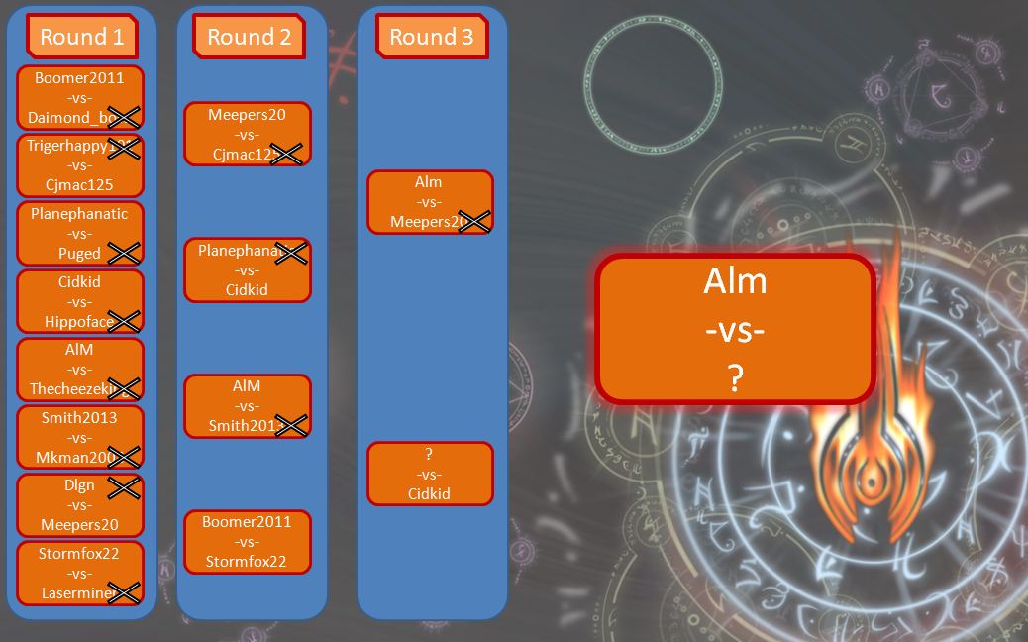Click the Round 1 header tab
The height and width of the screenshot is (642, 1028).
coord(81,37)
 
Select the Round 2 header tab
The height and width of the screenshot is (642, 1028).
coord(249,37)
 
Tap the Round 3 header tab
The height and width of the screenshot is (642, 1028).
coord(431,37)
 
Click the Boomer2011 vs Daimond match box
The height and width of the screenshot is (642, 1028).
coord(79,97)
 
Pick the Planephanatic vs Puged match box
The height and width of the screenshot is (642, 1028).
coord(79,233)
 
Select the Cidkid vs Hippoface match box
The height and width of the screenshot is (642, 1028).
coord(79,301)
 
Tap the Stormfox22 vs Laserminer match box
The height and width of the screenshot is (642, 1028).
coord(79,573)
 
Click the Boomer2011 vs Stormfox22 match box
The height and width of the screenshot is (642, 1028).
coord(247,541)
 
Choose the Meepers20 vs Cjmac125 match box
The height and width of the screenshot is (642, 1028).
coord(247,134)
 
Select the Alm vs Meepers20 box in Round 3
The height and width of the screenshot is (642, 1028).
coord(429,202)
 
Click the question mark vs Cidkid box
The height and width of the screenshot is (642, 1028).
coord(429,474)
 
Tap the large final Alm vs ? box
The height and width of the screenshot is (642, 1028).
coord(734,329)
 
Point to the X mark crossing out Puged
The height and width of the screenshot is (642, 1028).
coord(124,253)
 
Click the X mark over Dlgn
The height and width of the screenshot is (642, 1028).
coord(124,486)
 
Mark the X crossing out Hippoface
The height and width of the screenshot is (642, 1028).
coord(124,320)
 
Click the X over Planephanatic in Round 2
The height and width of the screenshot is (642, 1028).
coord(291,253)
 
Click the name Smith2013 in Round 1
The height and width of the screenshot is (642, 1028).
coord(79,417)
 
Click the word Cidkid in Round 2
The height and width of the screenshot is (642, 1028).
coord(247,289)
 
